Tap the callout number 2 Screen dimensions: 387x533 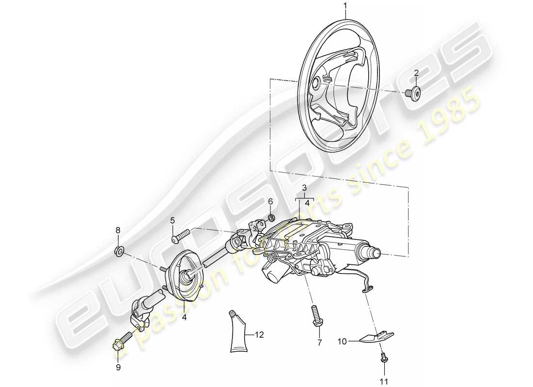(x=416, y=74)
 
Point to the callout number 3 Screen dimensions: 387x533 (x=304, y=188)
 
